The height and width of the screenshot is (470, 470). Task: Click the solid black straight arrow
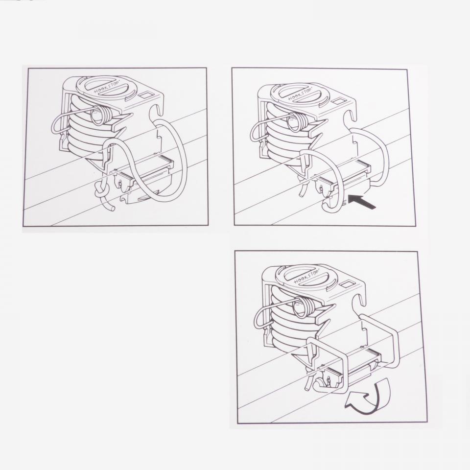click(x=362, y=202)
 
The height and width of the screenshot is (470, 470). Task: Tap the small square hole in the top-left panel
click(x=146, y=95)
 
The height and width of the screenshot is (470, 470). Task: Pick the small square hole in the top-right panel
click(x=339, y=101)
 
